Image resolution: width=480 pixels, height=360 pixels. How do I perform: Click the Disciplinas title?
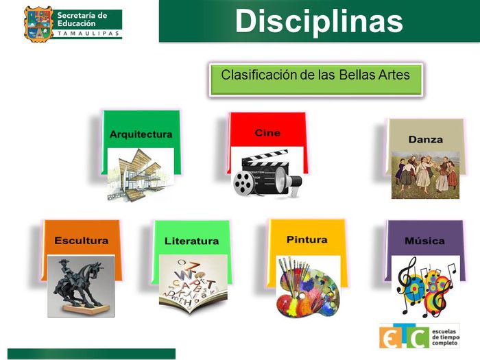click(319, 21)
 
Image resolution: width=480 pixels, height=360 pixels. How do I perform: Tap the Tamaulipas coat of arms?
click(38, 23)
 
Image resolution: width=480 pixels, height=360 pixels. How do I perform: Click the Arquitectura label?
click(141, 134)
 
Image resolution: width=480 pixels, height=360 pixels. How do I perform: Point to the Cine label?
click(267, 132)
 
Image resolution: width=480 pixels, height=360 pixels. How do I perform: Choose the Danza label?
click(425, 139)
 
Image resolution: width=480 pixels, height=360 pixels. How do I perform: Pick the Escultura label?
click(81, 241)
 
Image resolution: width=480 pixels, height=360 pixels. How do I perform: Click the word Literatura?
click(191, 241)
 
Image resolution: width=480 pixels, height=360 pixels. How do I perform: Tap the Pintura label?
click(307, 239)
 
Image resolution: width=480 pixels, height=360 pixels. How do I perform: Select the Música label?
click(424, 241)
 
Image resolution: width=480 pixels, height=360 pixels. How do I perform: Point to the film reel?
click(244, 182)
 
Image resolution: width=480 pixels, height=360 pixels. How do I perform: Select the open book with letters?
click(193, 285)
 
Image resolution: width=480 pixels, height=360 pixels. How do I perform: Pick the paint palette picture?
click(308, 286)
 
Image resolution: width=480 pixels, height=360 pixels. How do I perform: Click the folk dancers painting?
click(424, 175)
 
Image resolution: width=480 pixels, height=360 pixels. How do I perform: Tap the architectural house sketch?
click(140, 175)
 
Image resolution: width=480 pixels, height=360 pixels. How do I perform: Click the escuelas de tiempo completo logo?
click(419, 336)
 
